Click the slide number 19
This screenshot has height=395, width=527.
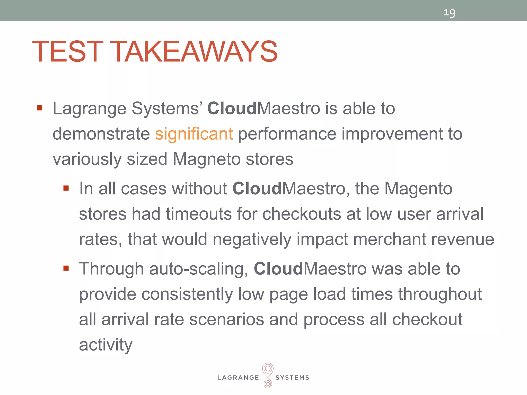(449, 13)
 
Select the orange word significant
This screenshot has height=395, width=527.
(194, 134)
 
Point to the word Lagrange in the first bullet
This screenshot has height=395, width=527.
(89, 109)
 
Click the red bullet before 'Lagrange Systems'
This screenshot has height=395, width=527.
(39, 108)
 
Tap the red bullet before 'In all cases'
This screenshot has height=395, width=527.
(66, 188)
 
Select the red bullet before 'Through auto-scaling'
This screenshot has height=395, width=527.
(66, 268)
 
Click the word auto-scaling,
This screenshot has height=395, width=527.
(199, 269)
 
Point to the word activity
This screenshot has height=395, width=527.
(106, 345)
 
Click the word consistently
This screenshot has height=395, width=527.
(187, 294)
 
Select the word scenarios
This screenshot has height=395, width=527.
(226, 320)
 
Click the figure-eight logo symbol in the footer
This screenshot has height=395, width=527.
(268, 375)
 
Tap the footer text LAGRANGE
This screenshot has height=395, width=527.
(238, 378)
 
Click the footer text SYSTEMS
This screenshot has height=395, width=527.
(292, 378)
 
